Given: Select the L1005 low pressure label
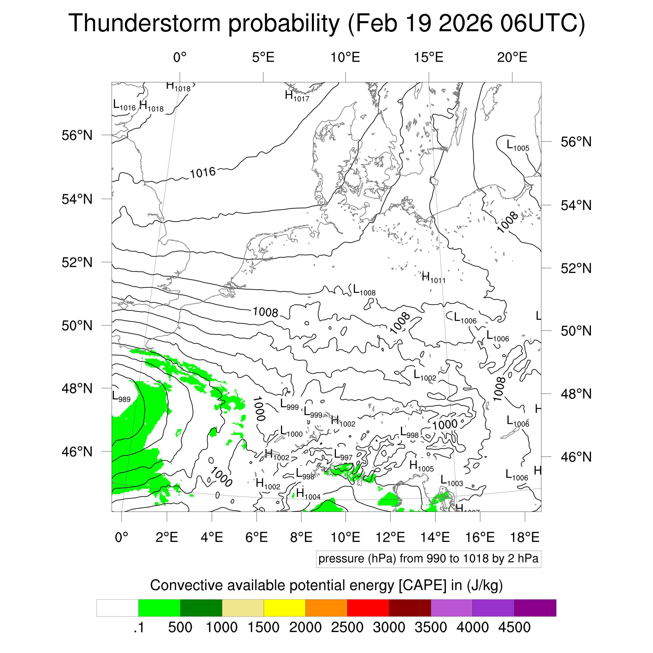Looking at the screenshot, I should click(517, 145).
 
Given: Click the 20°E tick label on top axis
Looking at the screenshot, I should click(512, 57).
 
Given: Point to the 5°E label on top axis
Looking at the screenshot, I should click(263, 57).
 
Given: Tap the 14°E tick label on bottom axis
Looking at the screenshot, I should click(435, 537).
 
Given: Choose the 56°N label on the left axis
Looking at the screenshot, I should click(77, 135).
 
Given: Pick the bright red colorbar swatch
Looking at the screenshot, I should click(368, 608).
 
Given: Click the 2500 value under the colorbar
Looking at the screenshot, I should click(347, 627).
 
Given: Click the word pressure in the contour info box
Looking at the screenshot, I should click(339, 559).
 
